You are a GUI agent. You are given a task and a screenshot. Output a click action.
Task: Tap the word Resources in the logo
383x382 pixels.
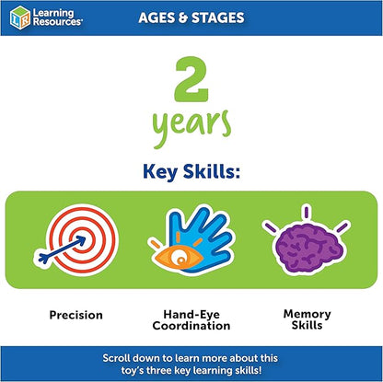(56, 23)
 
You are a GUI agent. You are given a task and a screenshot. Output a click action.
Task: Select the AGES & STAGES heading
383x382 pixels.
(191, 17)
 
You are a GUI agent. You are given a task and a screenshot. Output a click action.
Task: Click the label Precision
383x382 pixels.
(76, 315)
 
